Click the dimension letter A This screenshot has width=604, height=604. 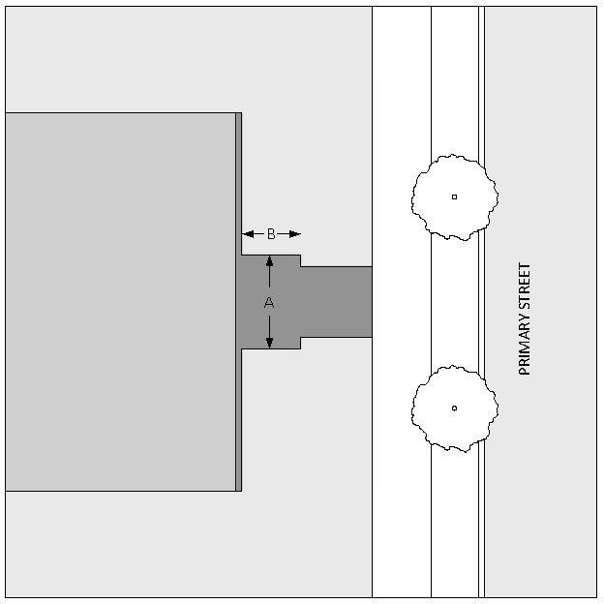[269, 303]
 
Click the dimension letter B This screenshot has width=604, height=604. [271, 233]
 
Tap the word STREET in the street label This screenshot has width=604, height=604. [526, 286]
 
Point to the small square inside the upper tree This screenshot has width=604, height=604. [454, 196]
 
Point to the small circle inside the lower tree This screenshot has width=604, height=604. [454, 408]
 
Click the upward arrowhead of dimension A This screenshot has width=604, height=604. [269, 262]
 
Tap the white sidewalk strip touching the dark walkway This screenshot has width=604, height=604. [401, 301]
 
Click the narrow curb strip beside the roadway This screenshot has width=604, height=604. [481, 301]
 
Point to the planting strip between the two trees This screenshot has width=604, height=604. [454, 301]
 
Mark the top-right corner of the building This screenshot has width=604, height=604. [241, 113]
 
